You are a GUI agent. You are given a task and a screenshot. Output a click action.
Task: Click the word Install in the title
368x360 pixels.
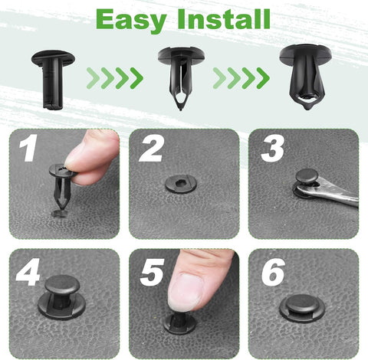[x=223, y=19]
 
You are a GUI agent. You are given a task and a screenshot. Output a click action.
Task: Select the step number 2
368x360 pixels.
[x=150, y=148]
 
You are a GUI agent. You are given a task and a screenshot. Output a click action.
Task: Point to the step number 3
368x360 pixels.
[x=271, y=148]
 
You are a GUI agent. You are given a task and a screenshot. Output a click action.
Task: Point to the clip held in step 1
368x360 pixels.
[x=61, y=188]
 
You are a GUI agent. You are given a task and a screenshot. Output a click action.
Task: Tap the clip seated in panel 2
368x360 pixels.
[x=181, y=183]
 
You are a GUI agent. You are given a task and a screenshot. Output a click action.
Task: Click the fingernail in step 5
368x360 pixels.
[x=185, y=290]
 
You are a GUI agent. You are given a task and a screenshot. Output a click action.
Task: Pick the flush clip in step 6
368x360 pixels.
[x=302, y=306]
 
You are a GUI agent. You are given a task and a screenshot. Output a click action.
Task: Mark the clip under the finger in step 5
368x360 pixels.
[x=179, y=320]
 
